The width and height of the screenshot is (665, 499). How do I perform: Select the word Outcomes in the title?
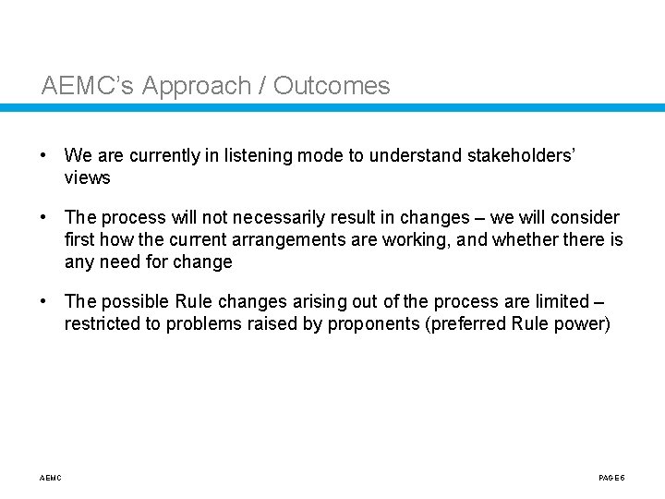[332, 87]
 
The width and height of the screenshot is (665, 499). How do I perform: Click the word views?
[87, 178]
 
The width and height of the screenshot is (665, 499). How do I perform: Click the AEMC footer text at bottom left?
[52, 478]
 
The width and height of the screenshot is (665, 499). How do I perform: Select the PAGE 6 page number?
[612, 478]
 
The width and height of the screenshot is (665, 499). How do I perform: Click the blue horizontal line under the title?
[332, 108]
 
